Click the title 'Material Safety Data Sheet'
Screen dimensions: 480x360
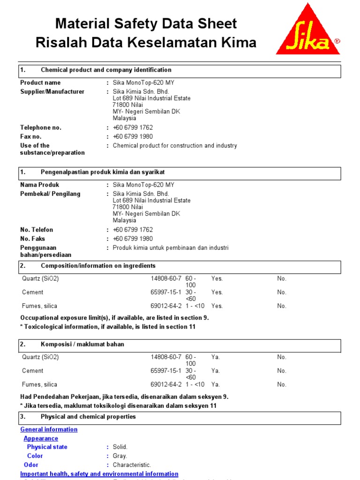146,23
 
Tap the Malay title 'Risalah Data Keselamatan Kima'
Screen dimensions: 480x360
146,43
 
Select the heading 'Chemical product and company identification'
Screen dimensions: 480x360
106,70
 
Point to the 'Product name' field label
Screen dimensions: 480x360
40,82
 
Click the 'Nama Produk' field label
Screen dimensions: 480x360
40,185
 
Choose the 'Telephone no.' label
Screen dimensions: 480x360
41,127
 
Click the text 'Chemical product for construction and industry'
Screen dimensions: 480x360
175,146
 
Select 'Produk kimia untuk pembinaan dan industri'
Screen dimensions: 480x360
171,247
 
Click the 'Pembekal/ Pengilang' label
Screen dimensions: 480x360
50,194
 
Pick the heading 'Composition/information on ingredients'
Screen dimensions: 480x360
98,266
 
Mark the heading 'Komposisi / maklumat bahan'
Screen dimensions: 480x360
82,344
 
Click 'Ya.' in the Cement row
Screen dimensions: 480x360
216,371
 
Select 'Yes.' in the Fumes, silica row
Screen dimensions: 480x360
217,306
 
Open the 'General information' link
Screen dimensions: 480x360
49,429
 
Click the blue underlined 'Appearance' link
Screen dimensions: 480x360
41,438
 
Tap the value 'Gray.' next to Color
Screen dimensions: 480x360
120,456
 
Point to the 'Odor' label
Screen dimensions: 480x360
31,465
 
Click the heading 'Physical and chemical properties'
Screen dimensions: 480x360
88,417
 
